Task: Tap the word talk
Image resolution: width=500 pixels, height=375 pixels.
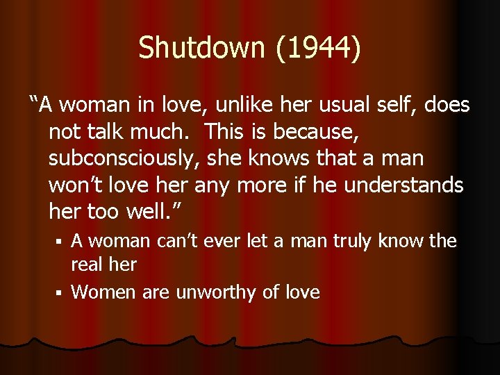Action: click(x=103, y=132)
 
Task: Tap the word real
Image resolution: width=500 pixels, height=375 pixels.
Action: click(x=87, y=264)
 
